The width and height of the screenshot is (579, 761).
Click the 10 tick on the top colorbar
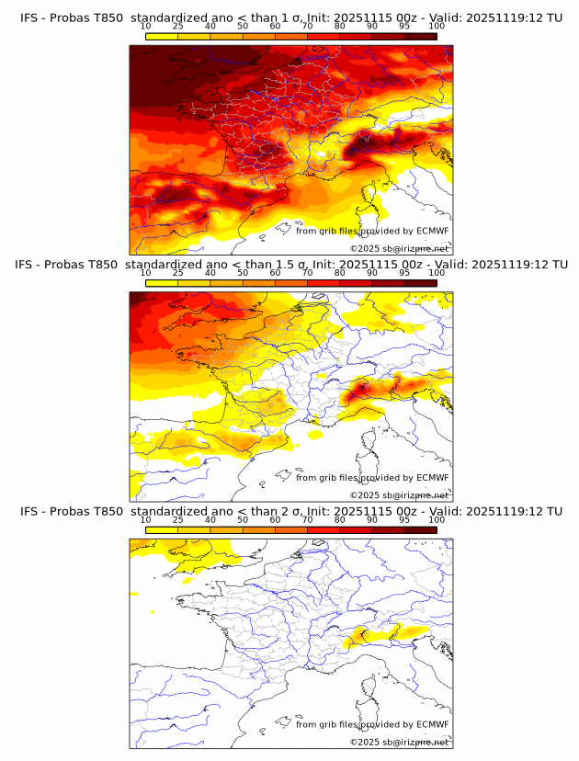pyautogui.click(x=146, y=26)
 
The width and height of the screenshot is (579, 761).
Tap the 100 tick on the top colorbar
pyautogui.click(x=437, y=26)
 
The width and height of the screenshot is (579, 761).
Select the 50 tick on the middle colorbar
pyautogui.click(x=243, y=273)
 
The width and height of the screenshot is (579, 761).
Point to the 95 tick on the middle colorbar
pyautogui.click(x=404, y=273)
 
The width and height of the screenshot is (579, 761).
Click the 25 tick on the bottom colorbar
pyautogui.click(x=178, y=520)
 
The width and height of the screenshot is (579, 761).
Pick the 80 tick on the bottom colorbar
pyautogui.click(x=340, y=520)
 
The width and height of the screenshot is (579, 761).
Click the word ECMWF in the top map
pyautogui.click(x=433, y=231)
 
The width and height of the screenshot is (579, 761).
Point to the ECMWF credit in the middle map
pyautogui.click(x=433, y=478)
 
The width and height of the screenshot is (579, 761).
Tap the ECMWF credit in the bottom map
pyautogui.click(x=433, y=725)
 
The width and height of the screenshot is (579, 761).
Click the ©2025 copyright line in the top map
pyautogui.click(x=399, y=248)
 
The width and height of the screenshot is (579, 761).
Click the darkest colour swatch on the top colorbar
pyautogui.click(x=421, y=36)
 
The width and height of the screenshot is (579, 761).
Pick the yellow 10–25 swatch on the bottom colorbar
pyautogui.click(x=162, y=530)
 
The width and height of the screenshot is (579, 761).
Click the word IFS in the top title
pyautogui.click(x=28, y=17)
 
